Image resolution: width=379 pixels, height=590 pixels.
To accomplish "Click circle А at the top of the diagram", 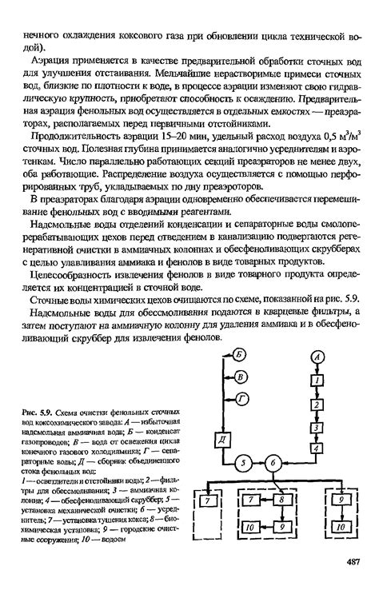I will pyautogui.click(x=318, y=356).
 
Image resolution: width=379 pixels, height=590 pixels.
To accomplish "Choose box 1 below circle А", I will pyautogui.click(x=318, y=382).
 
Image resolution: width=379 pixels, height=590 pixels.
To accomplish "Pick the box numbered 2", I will pyautogui.click(x=318, y=405).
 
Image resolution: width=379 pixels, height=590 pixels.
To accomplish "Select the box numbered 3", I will pyautogui.click(x=318, y=428).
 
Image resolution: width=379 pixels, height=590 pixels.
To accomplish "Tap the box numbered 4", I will pyautogui.click(x=318, y=448).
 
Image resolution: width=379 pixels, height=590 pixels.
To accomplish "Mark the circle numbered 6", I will pyautogui.click(x=273, y=462).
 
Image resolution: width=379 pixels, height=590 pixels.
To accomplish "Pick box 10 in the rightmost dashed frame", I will pyautogui.click(x=340, y=528).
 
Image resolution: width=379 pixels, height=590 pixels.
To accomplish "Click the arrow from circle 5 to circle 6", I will pyautogui.click(x=261, y=462).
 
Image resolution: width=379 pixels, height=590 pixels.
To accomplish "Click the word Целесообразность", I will pyautogui.click(x=71, y=276).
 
